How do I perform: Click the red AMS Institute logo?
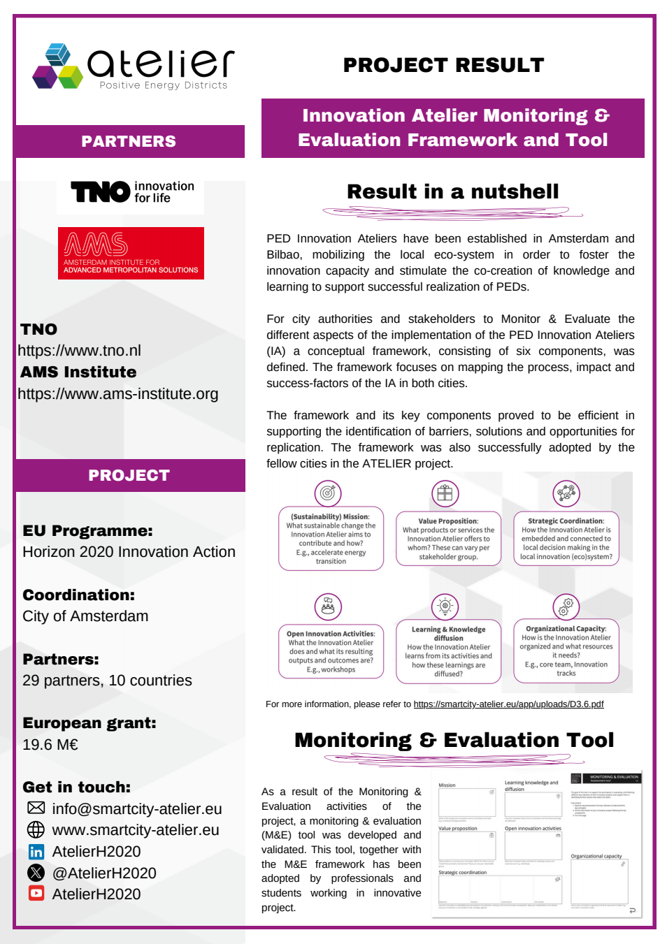click(131, 253)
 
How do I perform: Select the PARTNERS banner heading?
click(129, 141)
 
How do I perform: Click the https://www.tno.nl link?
click(80, 351)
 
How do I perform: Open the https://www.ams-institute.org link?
click(118, 394)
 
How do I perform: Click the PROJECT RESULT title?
click(443, 65)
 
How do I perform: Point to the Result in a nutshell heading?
click(452, 191)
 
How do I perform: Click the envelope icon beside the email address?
click(36, 808)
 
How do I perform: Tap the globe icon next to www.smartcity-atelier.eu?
click(36, 829)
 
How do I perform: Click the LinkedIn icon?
click(36, 852)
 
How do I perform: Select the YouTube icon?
click(36, 893)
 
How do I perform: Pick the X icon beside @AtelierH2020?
click(36, 873)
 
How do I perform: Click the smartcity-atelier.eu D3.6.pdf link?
click(508, 704)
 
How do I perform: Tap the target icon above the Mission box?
click(327, 493)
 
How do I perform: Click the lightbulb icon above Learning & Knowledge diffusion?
click(445, 606)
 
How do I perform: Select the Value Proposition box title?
click(448, 521)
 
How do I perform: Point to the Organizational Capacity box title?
click(566, 629)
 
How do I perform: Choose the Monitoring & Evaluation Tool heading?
click(454, 740)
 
